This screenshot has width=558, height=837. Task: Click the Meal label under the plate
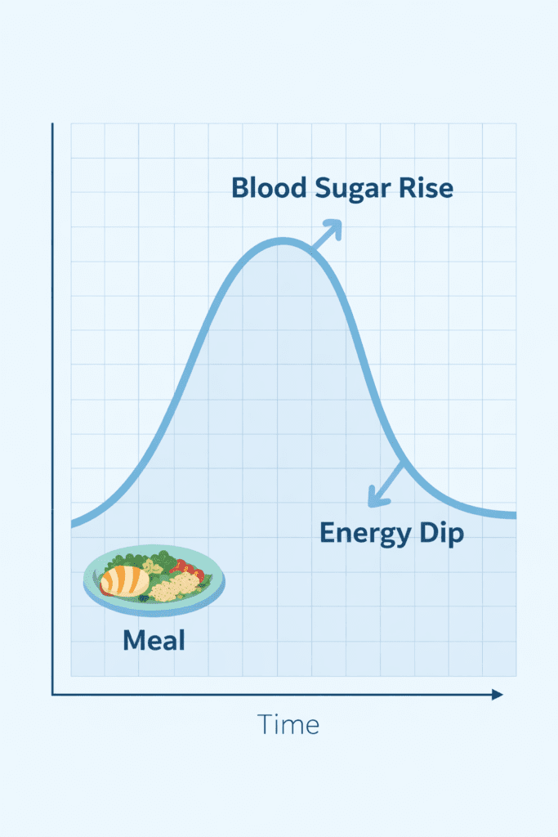point(154,640)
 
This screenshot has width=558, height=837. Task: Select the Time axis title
point(288,724)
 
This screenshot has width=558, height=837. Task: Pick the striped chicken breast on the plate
point(125,580)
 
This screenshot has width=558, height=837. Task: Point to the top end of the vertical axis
point(52,124)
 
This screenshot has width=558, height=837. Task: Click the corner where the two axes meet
point(52,695)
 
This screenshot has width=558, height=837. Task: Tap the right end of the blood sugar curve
point(513,515)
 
